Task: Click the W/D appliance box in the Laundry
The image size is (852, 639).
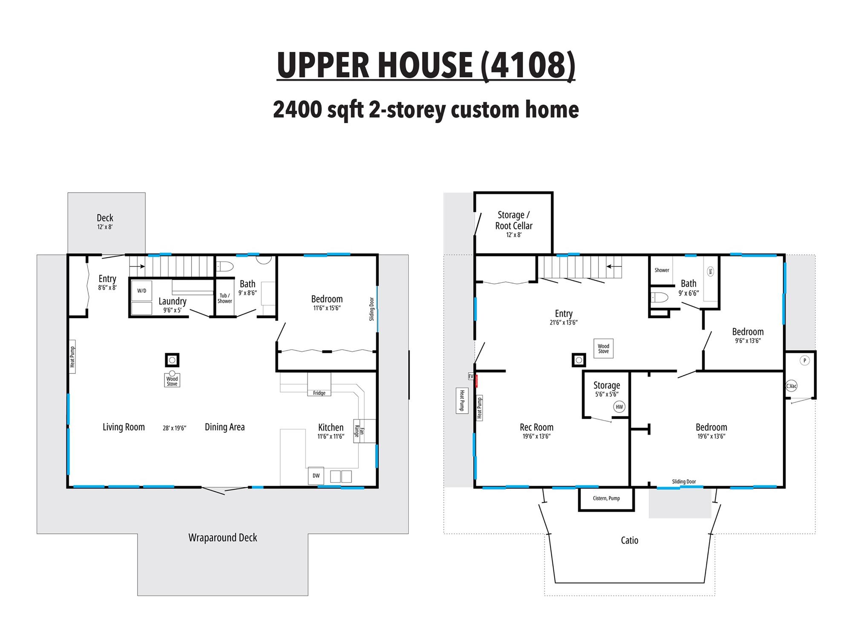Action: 141,291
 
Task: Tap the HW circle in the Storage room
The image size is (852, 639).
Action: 619,407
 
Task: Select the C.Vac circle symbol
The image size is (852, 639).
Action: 792,386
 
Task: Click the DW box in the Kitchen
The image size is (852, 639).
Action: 316,476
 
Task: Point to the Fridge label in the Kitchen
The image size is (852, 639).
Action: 319,393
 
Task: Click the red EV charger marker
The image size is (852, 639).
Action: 477,381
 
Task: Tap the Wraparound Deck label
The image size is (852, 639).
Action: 223,538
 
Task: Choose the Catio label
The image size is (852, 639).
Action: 630,540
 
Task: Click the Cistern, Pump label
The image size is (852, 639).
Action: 606,498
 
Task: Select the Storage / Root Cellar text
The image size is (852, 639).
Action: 514,220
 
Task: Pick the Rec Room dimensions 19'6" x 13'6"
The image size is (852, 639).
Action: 537,436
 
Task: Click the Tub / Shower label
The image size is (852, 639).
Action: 225,298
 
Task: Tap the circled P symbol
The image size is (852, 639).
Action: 805,360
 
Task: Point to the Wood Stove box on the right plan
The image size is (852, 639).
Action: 604,348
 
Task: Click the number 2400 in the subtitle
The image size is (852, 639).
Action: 297,109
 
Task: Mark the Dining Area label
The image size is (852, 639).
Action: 225,427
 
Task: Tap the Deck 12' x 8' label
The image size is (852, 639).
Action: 105,222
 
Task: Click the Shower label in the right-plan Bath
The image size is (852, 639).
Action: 662,270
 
